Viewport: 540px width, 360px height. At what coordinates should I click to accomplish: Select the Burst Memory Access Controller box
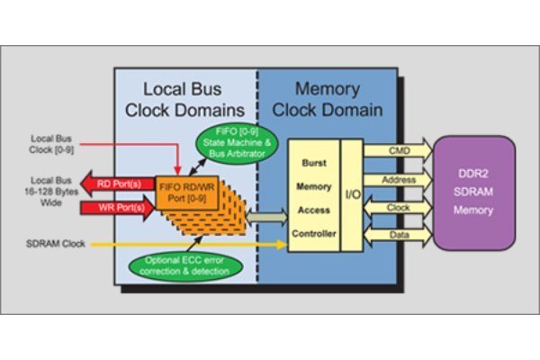(x=311, y=194)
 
